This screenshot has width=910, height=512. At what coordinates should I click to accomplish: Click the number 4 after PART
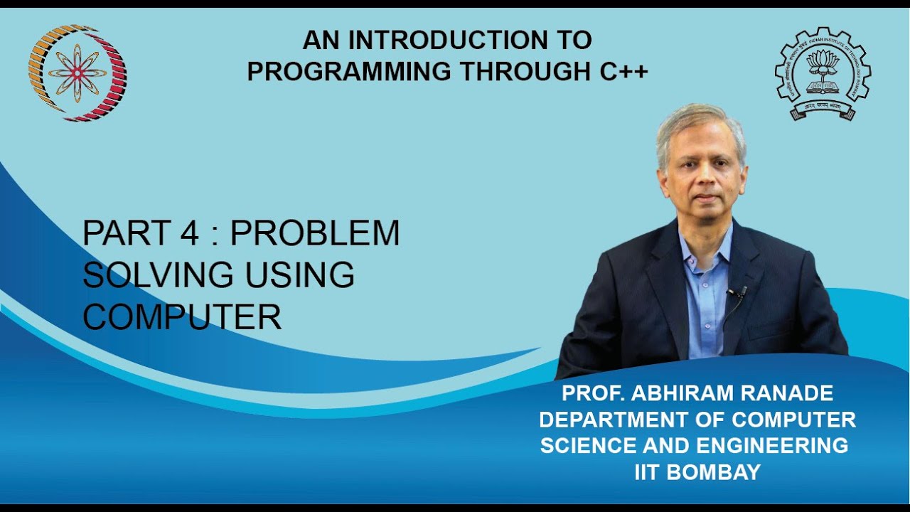point(190,233)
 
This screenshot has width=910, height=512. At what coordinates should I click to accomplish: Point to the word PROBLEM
point(315,233)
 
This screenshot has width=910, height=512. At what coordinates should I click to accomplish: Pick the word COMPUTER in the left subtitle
point(182,316)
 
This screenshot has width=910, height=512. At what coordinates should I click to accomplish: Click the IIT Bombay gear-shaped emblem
point(823,73)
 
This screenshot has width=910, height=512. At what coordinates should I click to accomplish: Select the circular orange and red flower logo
point(77,72)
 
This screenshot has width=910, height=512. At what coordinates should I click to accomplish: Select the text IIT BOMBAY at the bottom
point(697,471)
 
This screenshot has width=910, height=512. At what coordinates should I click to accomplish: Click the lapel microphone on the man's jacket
point(740,292)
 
